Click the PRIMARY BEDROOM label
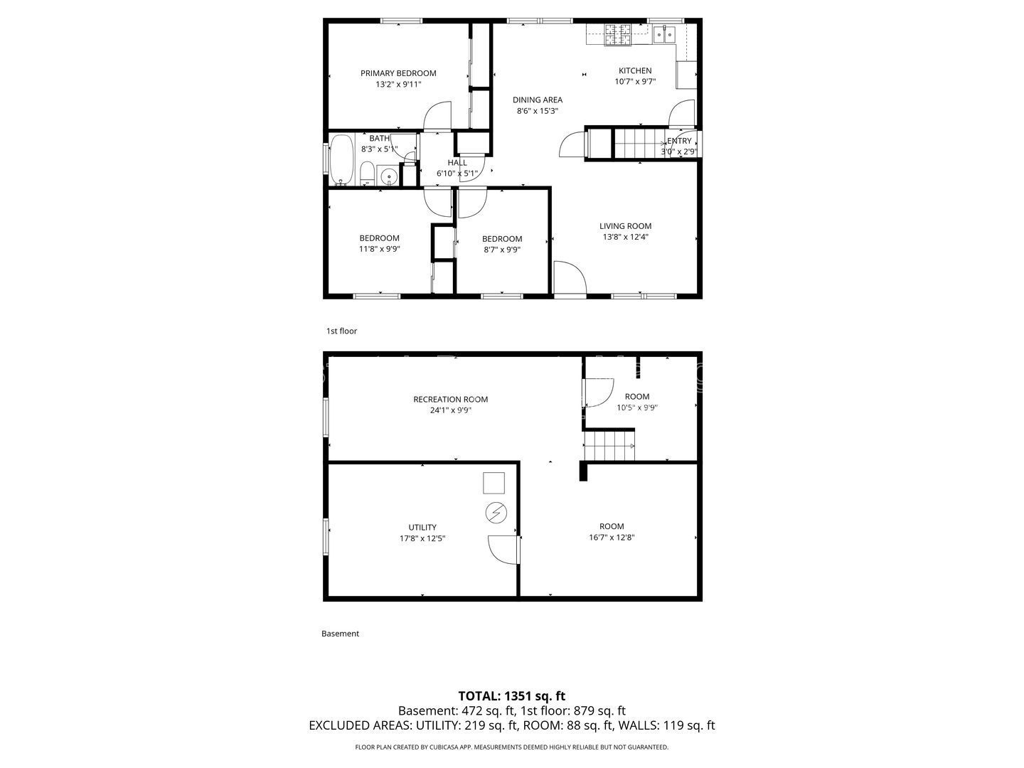[398, 73]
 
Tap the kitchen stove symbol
[618, 35]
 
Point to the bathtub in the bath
[342, 160]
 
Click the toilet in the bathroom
[367, 173]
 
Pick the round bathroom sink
[388, 177]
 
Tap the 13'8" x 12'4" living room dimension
[625, 237]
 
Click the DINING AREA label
[538, 100]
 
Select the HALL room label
[457, 163]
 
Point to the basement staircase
[609, 446]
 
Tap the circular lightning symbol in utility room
[496, 513]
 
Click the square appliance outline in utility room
[494, 483]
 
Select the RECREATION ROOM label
[450, 400]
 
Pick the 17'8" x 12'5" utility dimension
[422, 538]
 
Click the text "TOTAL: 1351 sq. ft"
[511, 696]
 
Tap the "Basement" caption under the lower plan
[340, 634]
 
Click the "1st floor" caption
[341, 331]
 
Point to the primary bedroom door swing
[437, 115]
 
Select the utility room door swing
[503, 550]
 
